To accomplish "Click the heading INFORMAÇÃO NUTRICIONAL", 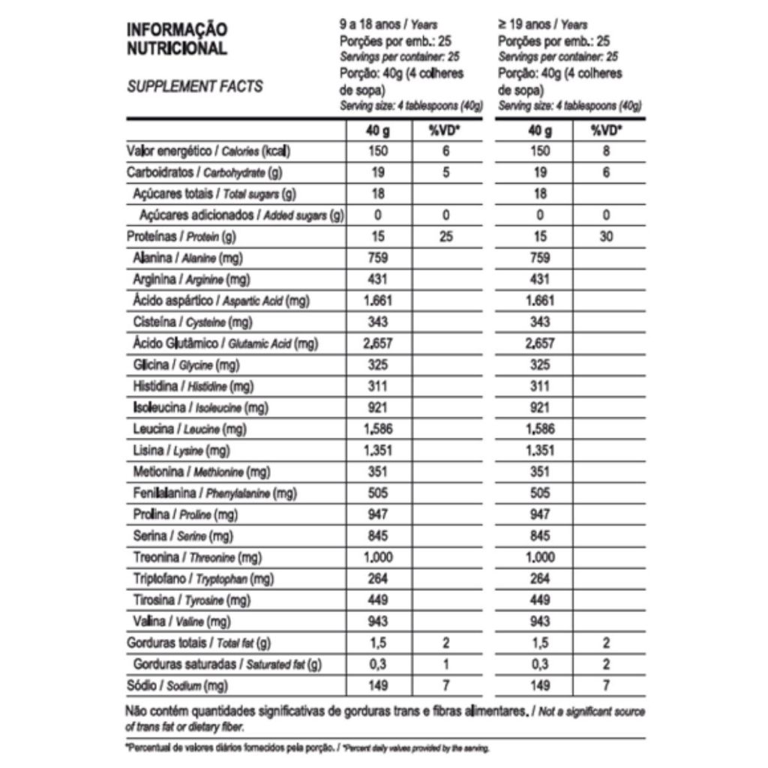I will tap(176, 40).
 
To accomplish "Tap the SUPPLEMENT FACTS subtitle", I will tap(194, 86).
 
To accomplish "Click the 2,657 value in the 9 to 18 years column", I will tap(378, 344).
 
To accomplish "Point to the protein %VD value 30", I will tap(606, 237).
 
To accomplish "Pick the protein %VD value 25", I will tap(445, 237).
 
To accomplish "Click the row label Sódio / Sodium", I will tap(176, 685).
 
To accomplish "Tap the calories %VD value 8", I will tap(606, 151).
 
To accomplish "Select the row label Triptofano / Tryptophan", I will tap(202, 579).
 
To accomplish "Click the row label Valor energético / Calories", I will tap(208, 151).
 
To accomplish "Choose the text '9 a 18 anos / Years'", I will tap(388, 25).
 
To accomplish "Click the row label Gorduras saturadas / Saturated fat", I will tap(227, 664).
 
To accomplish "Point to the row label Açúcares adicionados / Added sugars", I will tap(241, 216).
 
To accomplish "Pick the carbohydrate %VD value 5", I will tap(445, 172).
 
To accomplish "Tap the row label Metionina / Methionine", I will tap(201, 472).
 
